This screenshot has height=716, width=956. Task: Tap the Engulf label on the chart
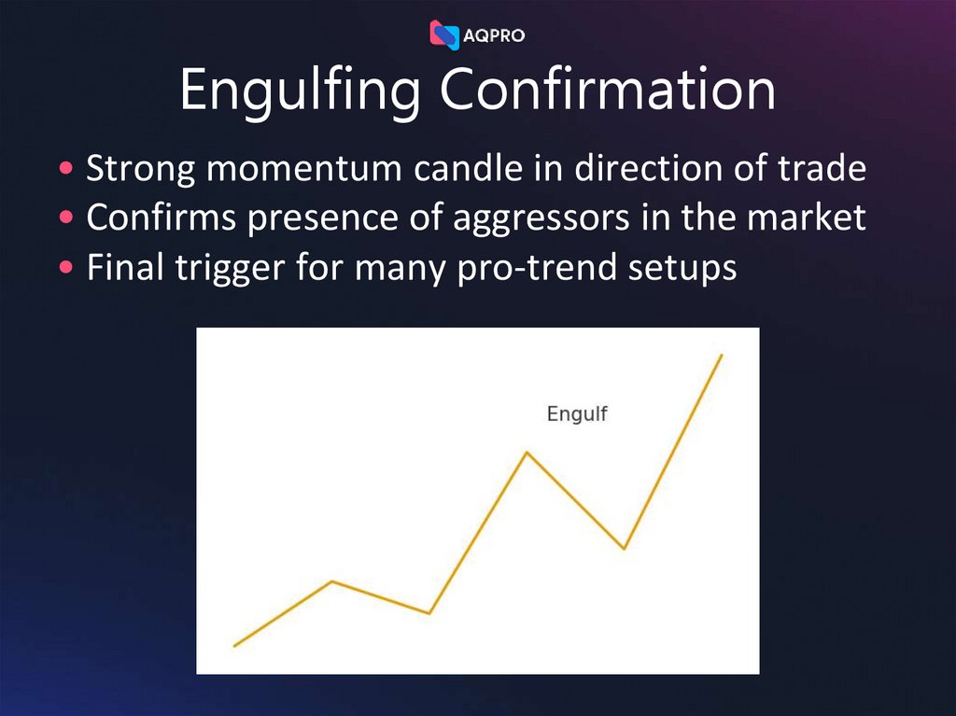576,414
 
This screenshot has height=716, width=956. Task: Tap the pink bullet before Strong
64,170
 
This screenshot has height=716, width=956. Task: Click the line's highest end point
722,355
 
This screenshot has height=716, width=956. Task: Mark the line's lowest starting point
234,645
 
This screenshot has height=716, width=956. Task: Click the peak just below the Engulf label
527,453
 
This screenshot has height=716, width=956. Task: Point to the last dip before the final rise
624,548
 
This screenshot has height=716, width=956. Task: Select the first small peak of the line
332,582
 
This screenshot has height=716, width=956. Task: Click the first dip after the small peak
429,613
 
